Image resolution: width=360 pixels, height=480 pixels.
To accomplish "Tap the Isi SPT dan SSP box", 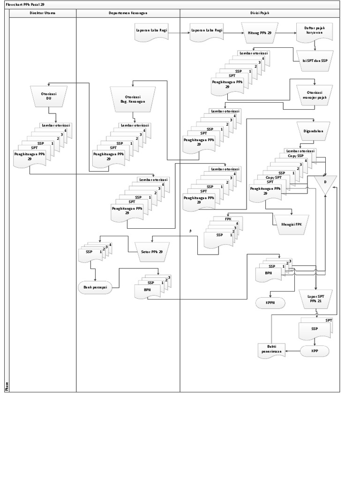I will point(315,60).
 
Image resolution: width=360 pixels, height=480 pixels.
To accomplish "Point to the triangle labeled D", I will point(325,183).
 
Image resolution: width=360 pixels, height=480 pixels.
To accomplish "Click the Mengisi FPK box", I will point(292,224).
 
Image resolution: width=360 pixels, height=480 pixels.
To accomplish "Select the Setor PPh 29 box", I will point(152,252).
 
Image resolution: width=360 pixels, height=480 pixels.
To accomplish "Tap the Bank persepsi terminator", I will point(96,288).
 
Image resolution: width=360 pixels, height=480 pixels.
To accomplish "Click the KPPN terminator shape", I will point(270,303).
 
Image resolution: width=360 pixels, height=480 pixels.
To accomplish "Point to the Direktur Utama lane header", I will point(43,14).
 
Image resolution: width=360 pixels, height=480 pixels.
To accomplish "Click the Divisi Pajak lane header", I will point(259,14).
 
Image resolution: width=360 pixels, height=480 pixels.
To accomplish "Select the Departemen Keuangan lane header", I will point(127,14).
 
